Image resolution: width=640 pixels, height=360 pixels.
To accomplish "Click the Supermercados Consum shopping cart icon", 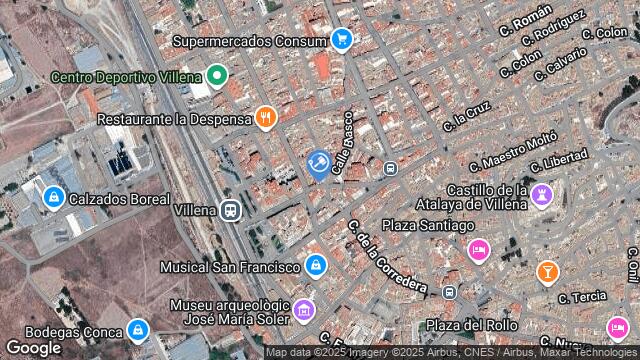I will coord(342,40).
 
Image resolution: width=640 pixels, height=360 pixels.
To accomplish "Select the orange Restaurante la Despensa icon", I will coord(265,118).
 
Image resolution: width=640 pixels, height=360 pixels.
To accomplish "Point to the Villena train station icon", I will coord(231,210).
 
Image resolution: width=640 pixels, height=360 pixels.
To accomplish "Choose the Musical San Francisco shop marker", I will coord(316,266).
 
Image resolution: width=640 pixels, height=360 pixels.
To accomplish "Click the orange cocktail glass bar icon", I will coord(547,271).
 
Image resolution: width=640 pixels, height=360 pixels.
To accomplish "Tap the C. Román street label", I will coord(524,22).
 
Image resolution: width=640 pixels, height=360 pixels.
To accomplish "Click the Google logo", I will coord(33,346).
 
